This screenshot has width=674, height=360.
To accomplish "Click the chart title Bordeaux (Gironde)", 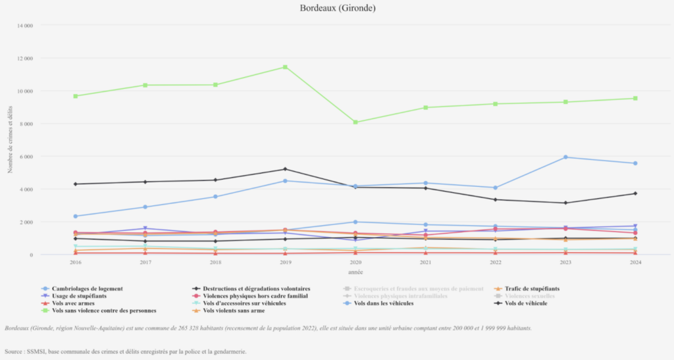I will pyautogui.click(x=337, y=9).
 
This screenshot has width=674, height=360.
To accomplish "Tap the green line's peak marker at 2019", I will pyautogui.click(x=285, y=67).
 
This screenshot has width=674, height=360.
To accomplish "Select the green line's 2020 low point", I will pyautogui.click(x=355, y=122).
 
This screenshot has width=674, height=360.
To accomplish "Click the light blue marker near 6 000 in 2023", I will pyautogui.click(x=565, y=157).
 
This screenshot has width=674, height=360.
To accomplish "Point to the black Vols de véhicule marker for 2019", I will pyautogui.click(x=285, y=169).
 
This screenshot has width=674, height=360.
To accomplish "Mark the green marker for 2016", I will pyautogui.click(x=76, y=96).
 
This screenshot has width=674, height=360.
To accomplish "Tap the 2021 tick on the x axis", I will pyautogui.click(x=425, y=262).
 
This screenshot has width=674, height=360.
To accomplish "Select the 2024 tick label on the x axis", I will pyautogui.click(x=635, y=262).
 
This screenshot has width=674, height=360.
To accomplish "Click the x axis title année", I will pyautogui.click(x=355, y=271).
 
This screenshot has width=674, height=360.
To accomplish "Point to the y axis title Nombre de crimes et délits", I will pyautogui.click(x=11, y=140).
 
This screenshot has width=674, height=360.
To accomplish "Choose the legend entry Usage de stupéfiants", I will pyautogui.click(x=80, y=296).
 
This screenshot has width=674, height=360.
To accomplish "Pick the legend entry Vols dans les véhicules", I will pyautogui.click(x=384, y=303).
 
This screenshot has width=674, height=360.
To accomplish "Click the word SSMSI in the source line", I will pyautogui.click(x=32, y=351).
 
